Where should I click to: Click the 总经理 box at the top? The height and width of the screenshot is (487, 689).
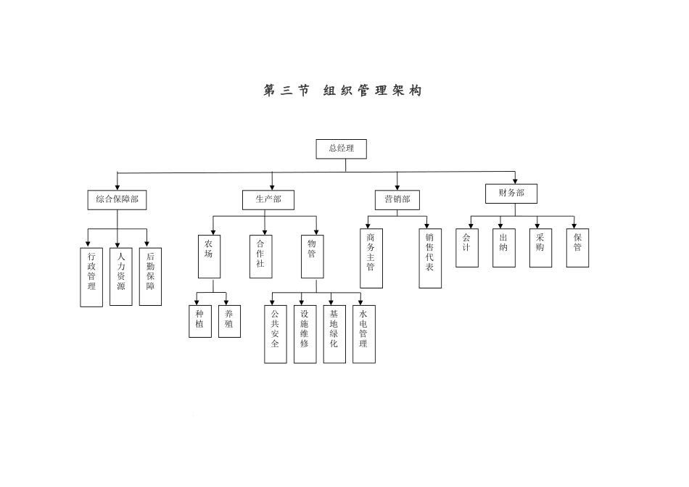[341, 149]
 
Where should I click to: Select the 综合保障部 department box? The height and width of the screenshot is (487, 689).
[117, 199]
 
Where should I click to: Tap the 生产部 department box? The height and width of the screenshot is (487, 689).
[268, 199]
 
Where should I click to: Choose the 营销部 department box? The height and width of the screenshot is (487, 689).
[397, 199]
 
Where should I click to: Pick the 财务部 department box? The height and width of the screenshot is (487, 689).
[511, 193]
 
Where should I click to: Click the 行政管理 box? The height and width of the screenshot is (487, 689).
[91, 277]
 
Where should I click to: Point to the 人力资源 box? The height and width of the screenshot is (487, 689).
[121, 277]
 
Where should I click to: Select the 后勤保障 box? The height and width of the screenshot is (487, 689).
[150, 277]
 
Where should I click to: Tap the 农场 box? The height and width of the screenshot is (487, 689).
[209, 257]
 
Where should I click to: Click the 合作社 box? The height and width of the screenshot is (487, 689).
[261, 257]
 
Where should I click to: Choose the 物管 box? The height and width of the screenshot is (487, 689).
[312, 257]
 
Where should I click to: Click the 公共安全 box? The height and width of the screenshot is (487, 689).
[276, 334]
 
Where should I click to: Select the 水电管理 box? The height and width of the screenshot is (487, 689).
[363, 334]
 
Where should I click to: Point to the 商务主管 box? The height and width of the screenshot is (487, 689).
[371, 258]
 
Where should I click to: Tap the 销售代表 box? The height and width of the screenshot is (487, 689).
[430, 258]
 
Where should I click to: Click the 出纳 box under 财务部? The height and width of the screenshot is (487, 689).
[503, 248]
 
